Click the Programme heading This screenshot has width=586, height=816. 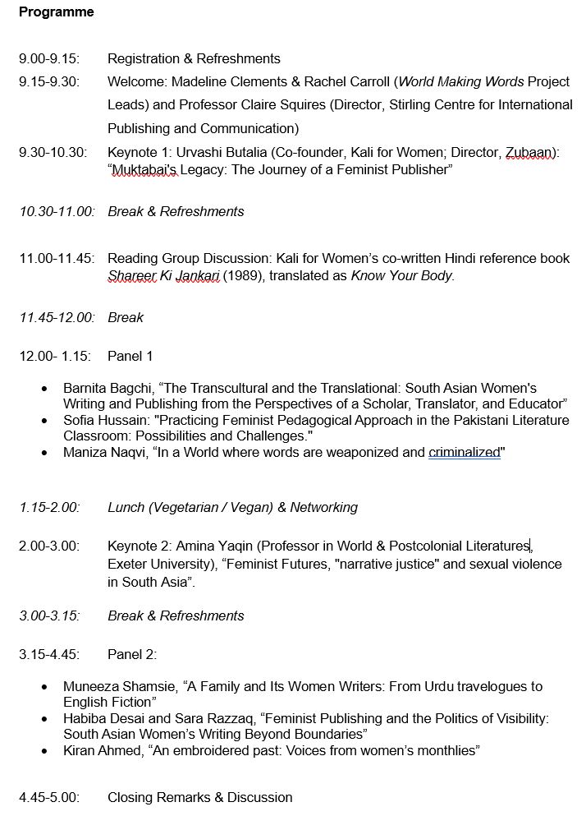tap(56, 12)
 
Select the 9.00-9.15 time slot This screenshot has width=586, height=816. tap(49, 59)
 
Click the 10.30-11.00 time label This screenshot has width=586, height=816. tap(57, 212)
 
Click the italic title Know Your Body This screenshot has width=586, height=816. tap(402, 276)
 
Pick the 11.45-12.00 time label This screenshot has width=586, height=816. tap(57, 317)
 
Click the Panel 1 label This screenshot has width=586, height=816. tap(130, 357)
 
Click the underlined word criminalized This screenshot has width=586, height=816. tap(464, 453)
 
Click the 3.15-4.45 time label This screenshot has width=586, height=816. tap(48, 655)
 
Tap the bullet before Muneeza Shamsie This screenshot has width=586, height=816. tap(44, 687)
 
